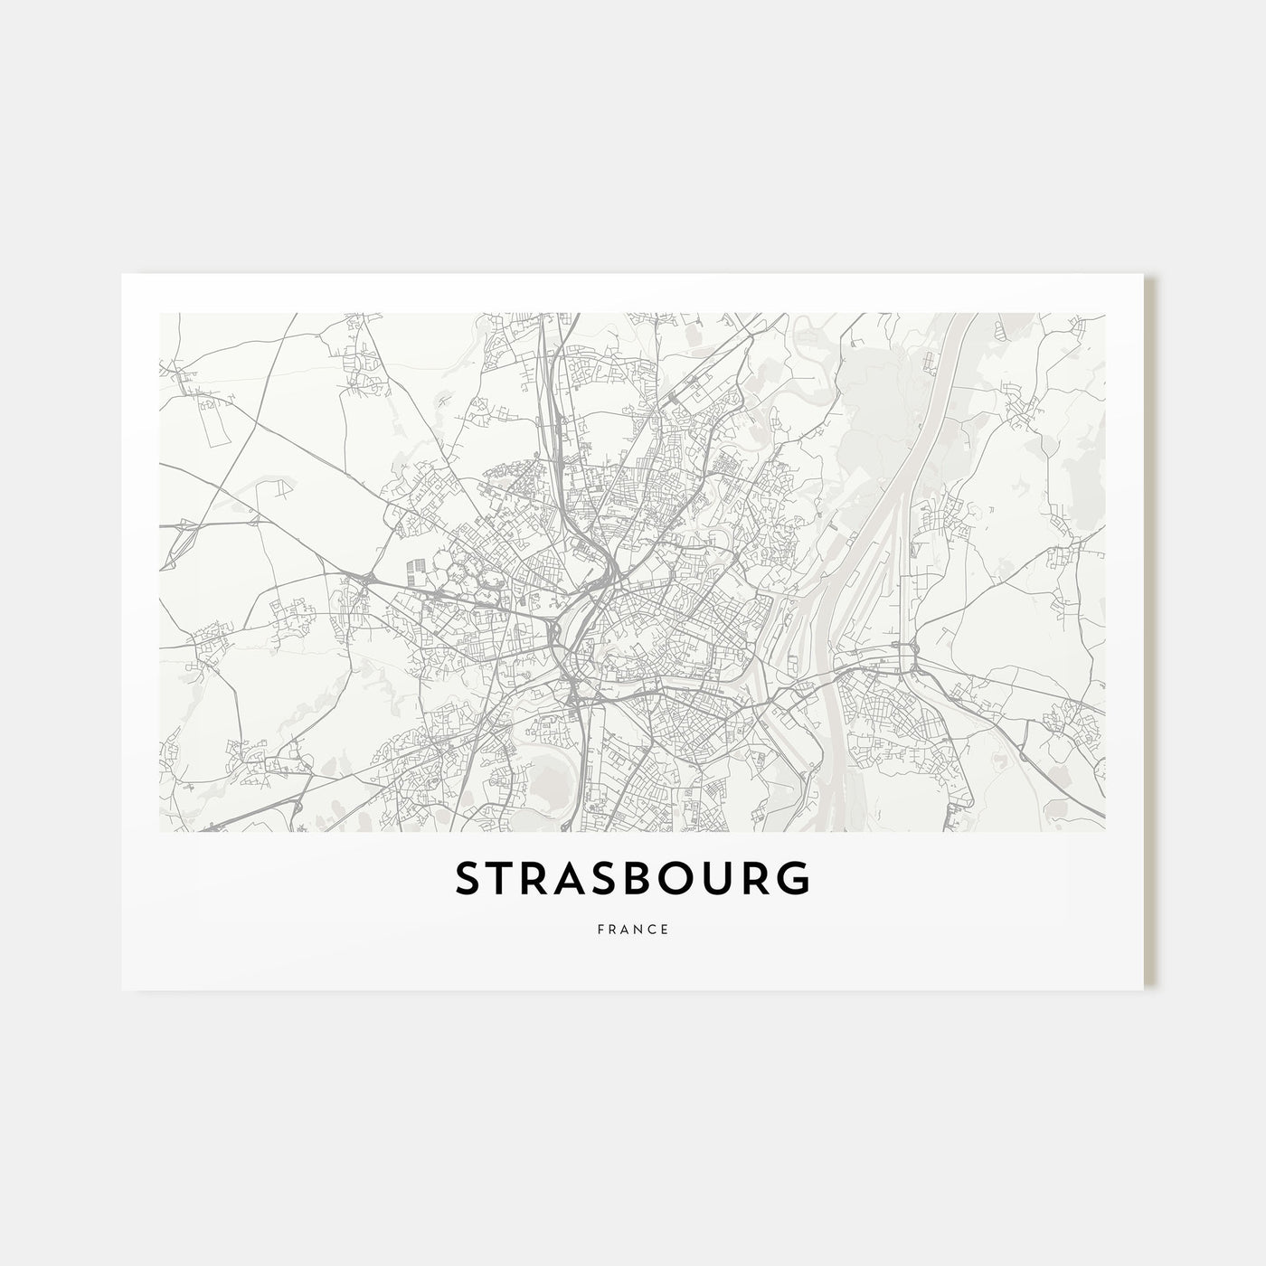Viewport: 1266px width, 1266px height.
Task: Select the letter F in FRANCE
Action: [600, 929]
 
